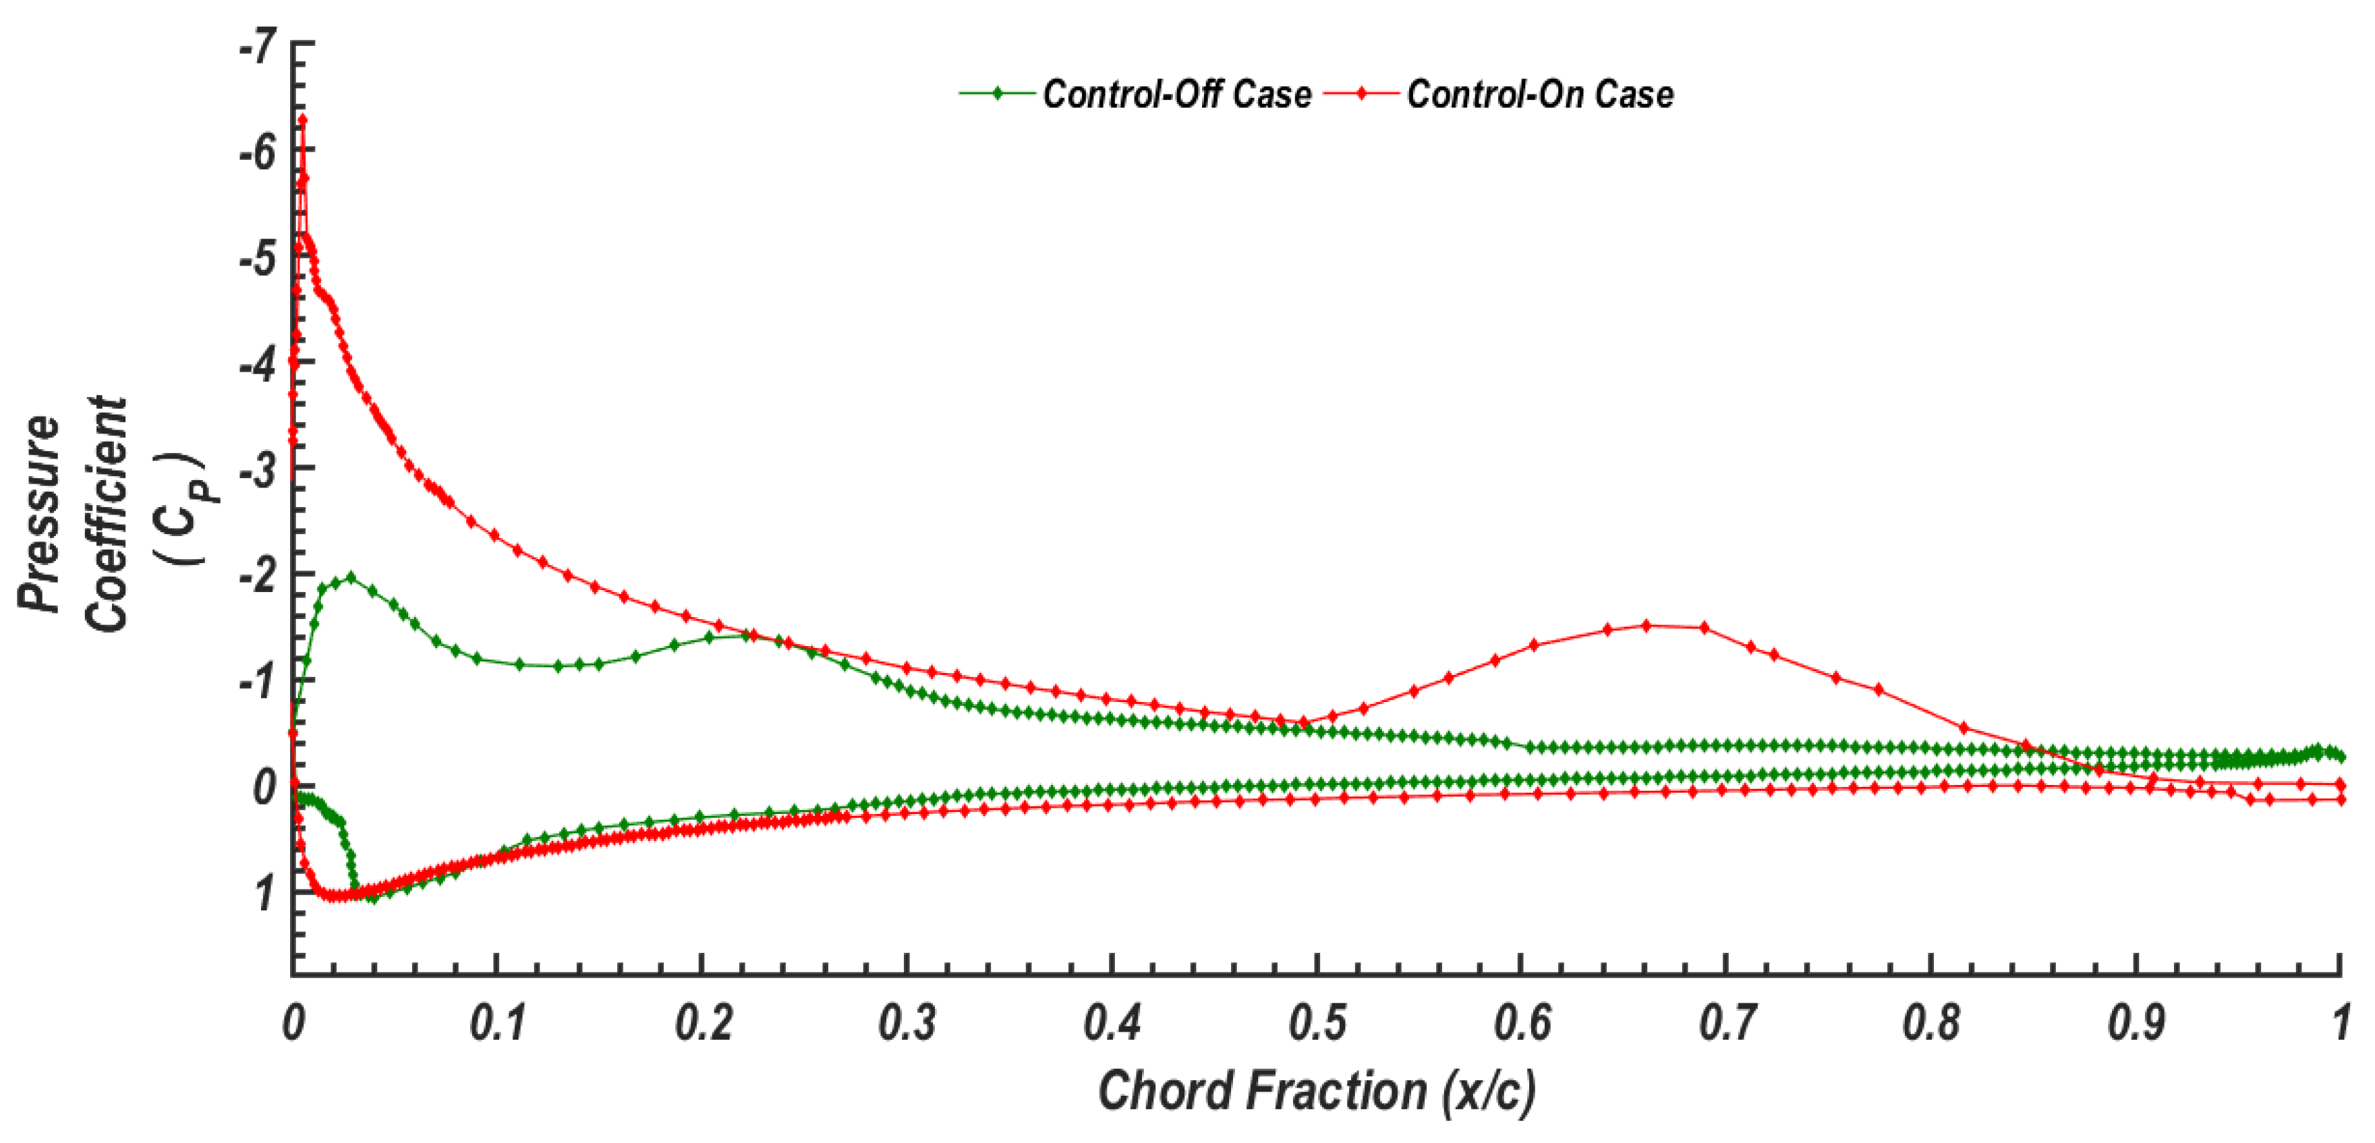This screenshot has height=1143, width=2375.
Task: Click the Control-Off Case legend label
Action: (x=1176, y=94)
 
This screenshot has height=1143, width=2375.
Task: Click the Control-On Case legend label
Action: (x=1540, y=94)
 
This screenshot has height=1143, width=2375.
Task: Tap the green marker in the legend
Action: (x=997, y=93)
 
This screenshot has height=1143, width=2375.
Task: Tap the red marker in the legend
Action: (x=1361, y=93)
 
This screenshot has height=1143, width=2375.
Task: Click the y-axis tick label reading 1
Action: (x=266, y=892)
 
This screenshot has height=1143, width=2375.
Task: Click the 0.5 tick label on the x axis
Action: (x=1317, y=1023)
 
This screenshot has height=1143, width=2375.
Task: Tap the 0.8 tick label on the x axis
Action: (x=1930, y=1023)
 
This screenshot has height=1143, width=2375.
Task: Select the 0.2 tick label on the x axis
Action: (x=703, y=1023)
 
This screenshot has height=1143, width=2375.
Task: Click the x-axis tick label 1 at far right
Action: (x=2340, y=1023)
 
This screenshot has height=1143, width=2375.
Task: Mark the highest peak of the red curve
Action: (x=302, y=120)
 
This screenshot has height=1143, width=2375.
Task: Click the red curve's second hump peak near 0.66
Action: (x=1647, y=626)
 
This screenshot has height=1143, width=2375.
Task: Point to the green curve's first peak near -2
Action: (x=349, y=578)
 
